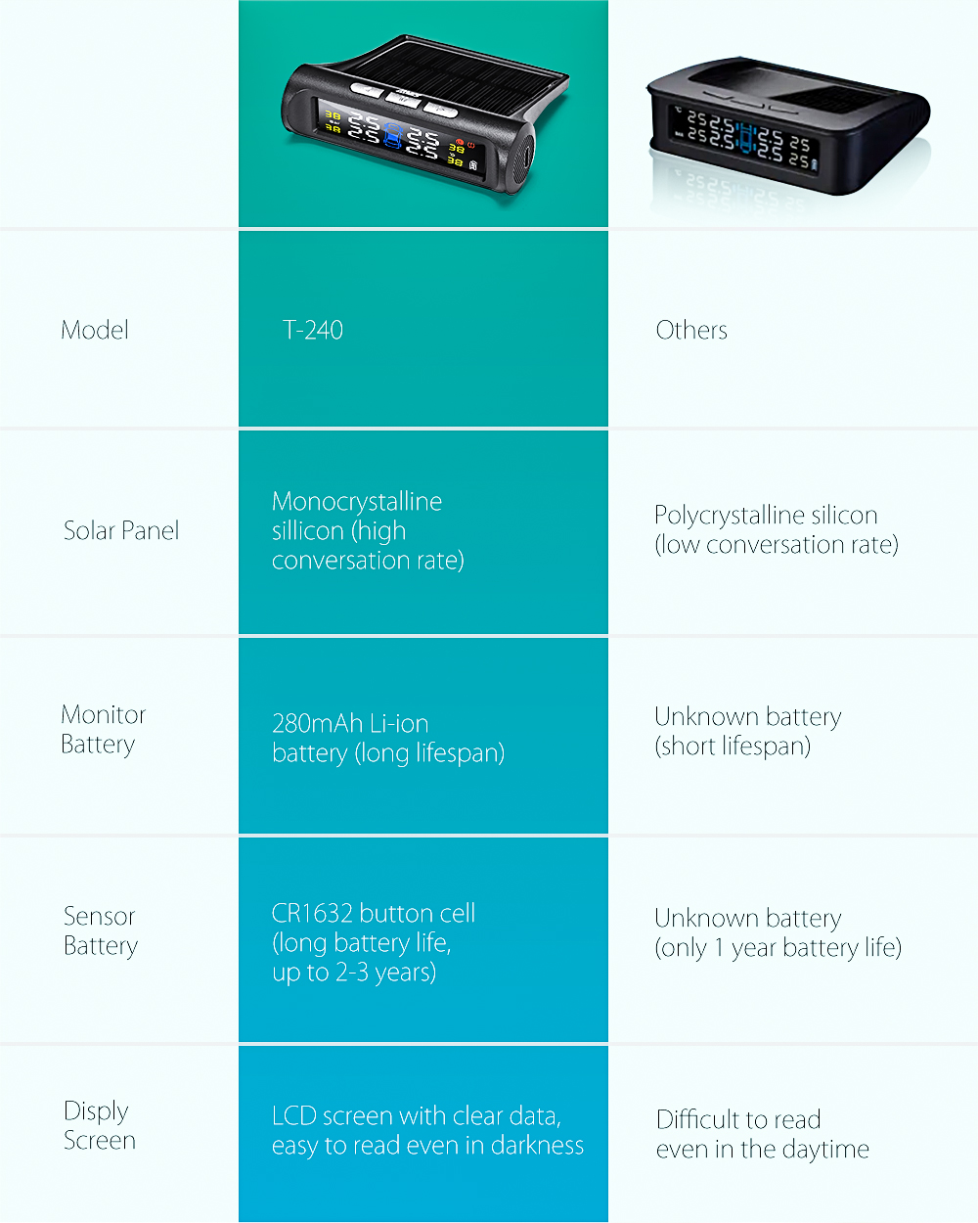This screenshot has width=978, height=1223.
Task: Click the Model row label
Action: click(95, 331)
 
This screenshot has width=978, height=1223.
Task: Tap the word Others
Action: click(691, 331)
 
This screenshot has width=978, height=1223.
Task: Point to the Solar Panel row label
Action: click(121, 531)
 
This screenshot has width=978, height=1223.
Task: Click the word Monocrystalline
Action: click(357, 502)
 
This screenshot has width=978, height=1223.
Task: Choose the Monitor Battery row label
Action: click(103, 730)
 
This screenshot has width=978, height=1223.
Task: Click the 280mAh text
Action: click(317, 724)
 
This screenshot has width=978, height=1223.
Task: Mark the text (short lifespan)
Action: click(733, 747)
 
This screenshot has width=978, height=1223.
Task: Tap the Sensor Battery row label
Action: click(100, 931)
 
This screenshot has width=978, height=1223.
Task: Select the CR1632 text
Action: click(312, 914)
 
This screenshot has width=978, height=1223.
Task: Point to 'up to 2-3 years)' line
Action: click(354, 973)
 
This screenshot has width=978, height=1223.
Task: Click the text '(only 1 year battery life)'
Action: click(778, 948)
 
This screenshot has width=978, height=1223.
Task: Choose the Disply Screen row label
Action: click(99, 1126)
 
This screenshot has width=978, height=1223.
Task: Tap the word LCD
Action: click(293, 1116)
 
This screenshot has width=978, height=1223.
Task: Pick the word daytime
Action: click(825, 1150)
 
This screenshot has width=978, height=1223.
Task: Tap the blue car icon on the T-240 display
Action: click(393, 135)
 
